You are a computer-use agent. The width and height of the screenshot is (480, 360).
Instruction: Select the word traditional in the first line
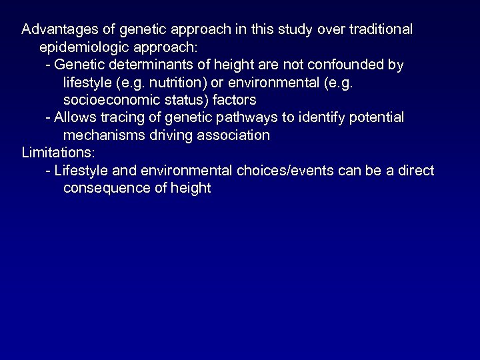click(x=380, y=30)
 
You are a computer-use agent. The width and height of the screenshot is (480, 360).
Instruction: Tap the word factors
click(x=234, y=100)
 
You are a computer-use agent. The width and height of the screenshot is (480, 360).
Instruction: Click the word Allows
click(x=74, y=118)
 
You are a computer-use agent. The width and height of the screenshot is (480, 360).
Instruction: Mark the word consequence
click(x=103, y=188)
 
